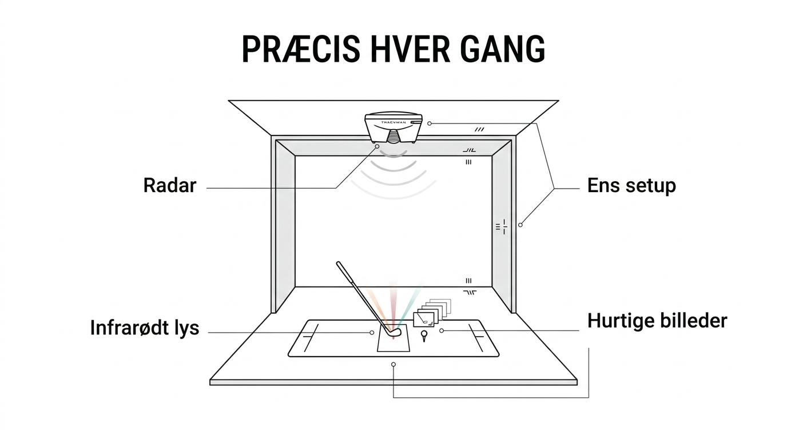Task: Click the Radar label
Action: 170,185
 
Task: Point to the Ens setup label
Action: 631,185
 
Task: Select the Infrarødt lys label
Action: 144,328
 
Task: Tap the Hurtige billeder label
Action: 657,321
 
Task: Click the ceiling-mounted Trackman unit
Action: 393,127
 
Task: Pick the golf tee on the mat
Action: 424,336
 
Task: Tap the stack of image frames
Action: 432,313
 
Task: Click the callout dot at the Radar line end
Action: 377,146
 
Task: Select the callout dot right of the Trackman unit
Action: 430,123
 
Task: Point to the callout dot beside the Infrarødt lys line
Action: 372,333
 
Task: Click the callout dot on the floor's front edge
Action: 393,365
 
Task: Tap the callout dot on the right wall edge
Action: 520,225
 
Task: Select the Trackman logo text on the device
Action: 393,122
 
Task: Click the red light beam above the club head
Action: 393,306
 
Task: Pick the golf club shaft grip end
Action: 339,264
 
